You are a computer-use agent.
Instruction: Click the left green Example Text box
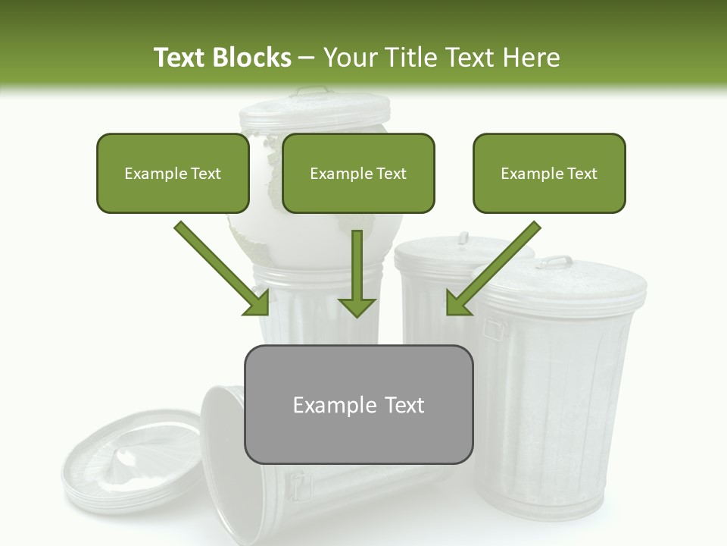tap(173, 173)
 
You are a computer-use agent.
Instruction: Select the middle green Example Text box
tap(358, 173)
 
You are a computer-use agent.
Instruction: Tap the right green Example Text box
tap(549, 173)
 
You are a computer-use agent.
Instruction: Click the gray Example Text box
tap(358, 404)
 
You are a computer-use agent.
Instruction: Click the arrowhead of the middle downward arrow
tap(357, 307)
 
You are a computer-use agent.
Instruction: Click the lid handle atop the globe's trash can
tap(312, 93)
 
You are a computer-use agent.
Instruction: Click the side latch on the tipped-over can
tap(300, 485)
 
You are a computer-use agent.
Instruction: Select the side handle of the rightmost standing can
tap(495, 328)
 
